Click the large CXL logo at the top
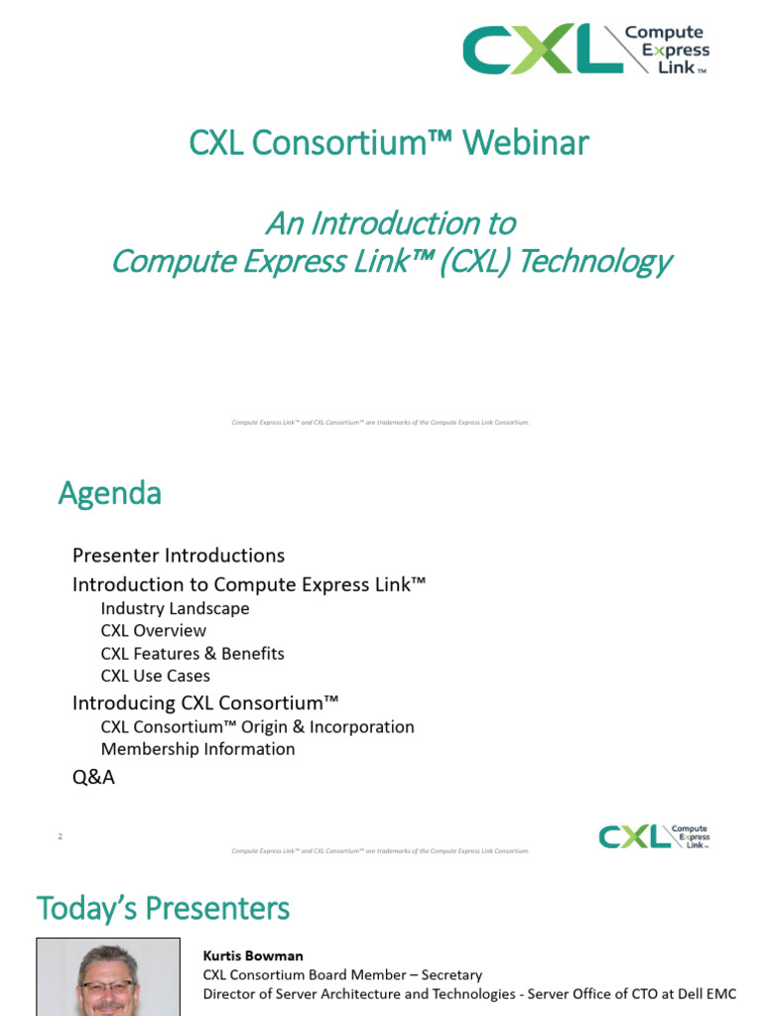point(585,50)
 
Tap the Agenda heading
point(109,493)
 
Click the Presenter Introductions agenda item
point(179,555)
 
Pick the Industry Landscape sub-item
point(175,608)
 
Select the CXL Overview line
point(154,631)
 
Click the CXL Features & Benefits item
point(192,654)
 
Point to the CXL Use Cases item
point(156,676)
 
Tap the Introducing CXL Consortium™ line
point(205,703)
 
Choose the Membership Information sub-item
point(197,749)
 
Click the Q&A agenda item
point(93,778)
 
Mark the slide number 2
point(61,836)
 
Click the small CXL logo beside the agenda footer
point(654,836)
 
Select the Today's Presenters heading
point(163,908)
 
